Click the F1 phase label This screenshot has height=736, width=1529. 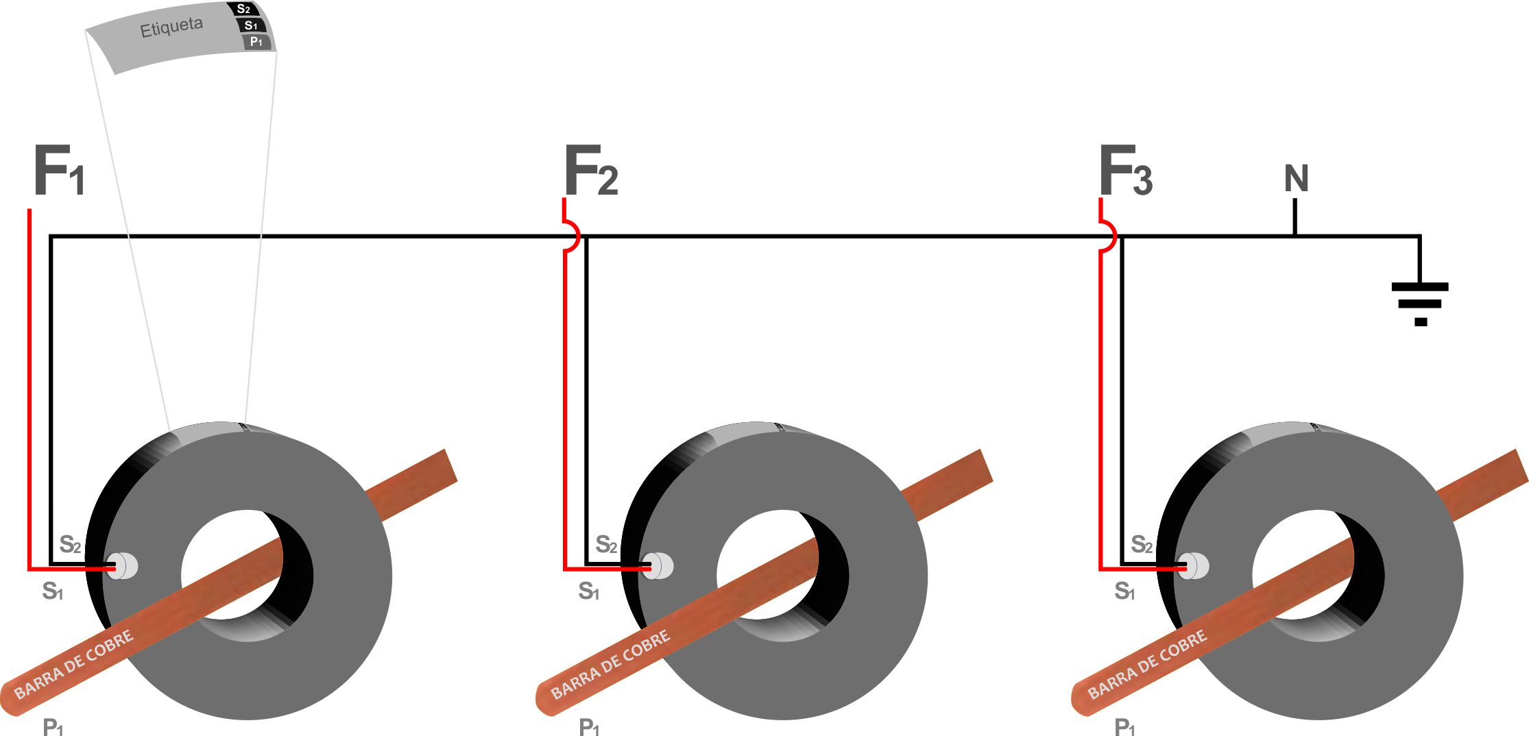59,171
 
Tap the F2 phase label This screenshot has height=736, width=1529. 590,171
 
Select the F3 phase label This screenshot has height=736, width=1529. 1125,171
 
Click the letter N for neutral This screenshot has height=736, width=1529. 1296,179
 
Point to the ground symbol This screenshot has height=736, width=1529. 1420,302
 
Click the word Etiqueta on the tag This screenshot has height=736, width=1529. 171,28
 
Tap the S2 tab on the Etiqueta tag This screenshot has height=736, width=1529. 243,10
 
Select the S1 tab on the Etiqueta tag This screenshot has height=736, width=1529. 251,26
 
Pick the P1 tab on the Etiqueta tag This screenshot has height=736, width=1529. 256,42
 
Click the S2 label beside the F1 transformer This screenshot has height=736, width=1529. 70,545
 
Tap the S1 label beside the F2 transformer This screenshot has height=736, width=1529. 588,591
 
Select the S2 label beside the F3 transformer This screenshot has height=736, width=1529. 1142,545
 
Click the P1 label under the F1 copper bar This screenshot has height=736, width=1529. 53,727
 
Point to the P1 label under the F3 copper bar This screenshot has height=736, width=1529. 1124,727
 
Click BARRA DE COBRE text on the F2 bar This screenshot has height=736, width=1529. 610,665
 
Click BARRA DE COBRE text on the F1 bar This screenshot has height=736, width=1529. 74,665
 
